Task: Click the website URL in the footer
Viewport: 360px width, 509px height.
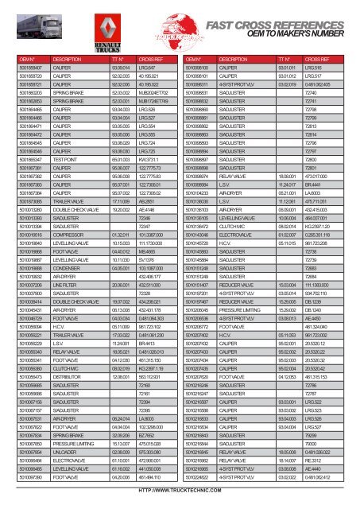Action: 180,501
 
